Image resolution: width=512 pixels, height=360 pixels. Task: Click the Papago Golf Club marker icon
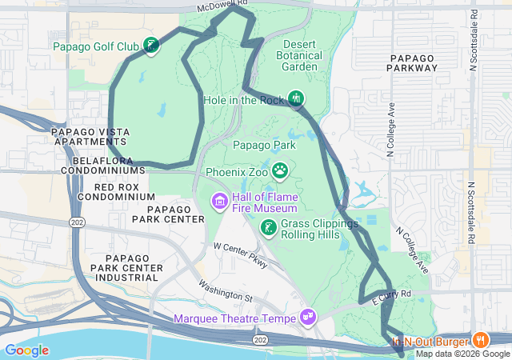[150, 46]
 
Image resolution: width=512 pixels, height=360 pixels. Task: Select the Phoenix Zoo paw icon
[280, 170]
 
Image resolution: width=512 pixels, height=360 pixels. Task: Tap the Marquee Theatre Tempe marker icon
[308, 318]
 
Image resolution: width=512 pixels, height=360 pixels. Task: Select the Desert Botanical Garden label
[299, 56]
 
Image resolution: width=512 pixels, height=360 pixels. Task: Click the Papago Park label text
[264, 145]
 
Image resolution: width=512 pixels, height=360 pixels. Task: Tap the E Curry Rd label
[392, 297]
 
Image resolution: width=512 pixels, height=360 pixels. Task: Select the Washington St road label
[226, 292]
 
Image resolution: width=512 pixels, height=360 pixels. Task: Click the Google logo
[26, 350]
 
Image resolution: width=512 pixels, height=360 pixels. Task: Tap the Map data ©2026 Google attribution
[462, 354]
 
